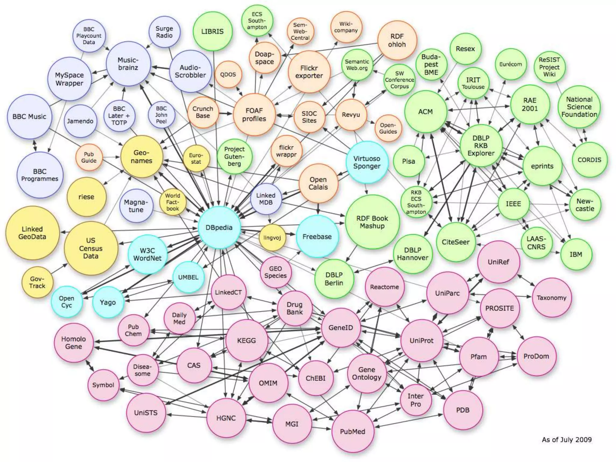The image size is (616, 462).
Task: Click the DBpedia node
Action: click(219, 227)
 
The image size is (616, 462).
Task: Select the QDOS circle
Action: click(228, 75)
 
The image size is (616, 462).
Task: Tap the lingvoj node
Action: click(272, 238)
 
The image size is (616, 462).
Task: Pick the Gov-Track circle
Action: click(37, 282)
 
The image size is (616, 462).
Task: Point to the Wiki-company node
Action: click(346, 27)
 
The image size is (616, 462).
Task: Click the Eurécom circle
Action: click(510, 64)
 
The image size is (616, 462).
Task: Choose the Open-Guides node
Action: click(388, 128)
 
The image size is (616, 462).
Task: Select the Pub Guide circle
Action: click(89, 157)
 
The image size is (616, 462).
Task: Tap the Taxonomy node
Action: click(551, 298)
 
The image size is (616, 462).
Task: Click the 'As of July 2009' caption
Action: click(567, 440)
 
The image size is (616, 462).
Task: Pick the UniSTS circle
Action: click(146, 413)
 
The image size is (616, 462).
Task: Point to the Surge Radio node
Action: click(164, 32)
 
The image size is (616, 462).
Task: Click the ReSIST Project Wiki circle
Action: click(549, 67)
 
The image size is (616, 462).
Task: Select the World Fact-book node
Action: click(173, 202)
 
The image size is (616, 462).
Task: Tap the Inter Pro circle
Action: click(416, 400)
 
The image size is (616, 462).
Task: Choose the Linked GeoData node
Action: click(32, 233)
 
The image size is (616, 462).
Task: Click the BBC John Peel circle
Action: click(161, 115)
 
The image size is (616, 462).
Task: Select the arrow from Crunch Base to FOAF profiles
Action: click(226, 113)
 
